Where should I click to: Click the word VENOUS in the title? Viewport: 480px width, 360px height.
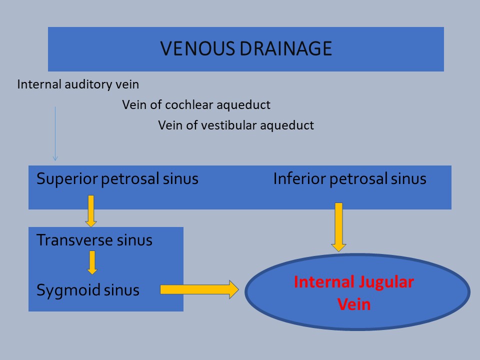point(197,48)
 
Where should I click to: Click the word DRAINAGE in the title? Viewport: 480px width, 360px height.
point(286,48)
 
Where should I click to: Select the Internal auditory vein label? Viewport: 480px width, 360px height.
point(78,84)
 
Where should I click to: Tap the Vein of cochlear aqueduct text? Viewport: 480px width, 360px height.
point(196,105)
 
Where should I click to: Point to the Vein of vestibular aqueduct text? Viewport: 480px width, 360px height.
point(236,125)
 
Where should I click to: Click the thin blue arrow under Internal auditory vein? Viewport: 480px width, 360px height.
point(55,134)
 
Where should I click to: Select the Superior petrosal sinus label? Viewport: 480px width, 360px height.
point(117,179)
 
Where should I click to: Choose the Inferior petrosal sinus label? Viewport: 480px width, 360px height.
point(350,179)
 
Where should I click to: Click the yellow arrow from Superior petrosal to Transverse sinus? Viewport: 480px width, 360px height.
point(91,211)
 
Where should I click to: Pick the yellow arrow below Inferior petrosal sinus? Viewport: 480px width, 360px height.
point(338,227)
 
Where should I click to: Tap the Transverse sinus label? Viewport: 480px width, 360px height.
point(94,240)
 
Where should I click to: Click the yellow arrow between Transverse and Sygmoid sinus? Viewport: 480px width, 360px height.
point(92,262)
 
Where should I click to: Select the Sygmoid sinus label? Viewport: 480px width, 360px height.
point(88,290)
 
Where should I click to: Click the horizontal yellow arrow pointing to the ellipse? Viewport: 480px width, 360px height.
point(199,289)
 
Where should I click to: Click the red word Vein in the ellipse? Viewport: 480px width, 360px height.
point(354,304)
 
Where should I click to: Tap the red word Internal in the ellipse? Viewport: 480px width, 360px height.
point(324,281)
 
